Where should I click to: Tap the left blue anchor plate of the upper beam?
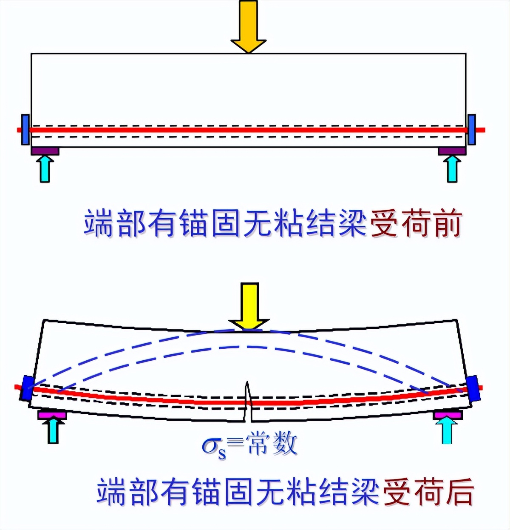click(x=25, y=129)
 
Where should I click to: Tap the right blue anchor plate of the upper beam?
click(x=471, y=129)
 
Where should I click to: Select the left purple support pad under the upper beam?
click(x=45, y=151)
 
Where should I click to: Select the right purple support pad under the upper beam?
click(x=452, y=151)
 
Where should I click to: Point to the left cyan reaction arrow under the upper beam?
click(x=45, y=169)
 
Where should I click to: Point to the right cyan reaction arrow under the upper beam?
click(x=452, y=169)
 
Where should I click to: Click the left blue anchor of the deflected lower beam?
click(x=27, y=388)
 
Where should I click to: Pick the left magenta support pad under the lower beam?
click(x=51, y=414)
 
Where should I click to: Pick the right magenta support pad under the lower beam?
click(x=448, y=414)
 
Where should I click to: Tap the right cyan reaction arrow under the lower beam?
click(x=447, y=430)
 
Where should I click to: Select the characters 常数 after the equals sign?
click(x=272, y=444)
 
